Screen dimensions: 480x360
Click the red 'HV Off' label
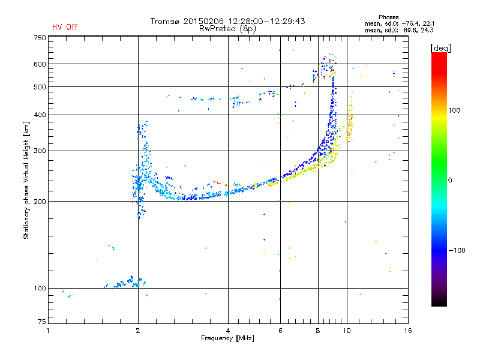tap(65, 27)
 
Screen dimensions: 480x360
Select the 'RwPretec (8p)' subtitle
tap(227, 29)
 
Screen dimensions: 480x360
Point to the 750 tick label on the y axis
tap(40, 38)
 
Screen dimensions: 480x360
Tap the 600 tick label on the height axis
tap(40, 64)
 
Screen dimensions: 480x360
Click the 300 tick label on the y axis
tap(40, 151)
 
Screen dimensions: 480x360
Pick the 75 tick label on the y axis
tap(42, 322)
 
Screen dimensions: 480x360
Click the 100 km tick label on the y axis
tap(40, 289)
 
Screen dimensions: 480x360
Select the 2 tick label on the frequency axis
tap(138, 331)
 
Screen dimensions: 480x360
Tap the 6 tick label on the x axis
tap(280, 331)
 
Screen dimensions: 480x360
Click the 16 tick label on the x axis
tap(408, 331)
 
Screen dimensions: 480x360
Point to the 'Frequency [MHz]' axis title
tap(227, 338)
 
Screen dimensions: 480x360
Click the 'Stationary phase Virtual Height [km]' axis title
tap(26, 180)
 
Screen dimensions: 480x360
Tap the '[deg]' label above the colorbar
tap(440, 49)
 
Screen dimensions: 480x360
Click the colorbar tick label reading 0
tap(450, 181)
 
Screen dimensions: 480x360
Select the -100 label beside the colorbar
tap(457, 250)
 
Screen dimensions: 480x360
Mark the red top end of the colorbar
tap(439, 54)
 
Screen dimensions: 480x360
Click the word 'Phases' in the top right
tap(388, 17)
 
